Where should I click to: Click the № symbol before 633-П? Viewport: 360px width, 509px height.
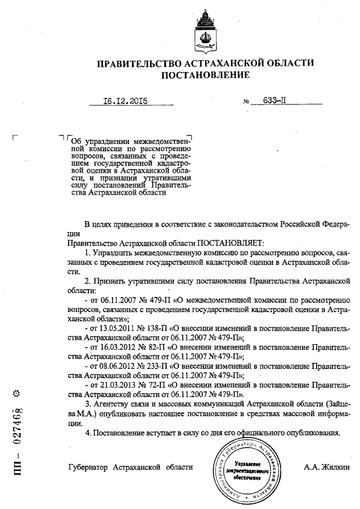point(246,103)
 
